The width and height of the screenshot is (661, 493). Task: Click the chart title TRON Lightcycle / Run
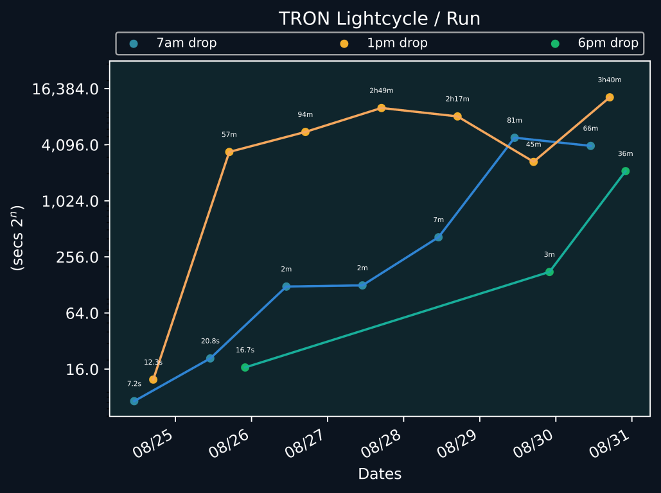[x=379, y=19]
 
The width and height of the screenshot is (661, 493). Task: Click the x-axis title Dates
[x=380, y=474]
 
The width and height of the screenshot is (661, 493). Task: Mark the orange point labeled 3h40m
[x=610, y=98]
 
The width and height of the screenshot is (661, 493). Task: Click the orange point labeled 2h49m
[x=382, y=108]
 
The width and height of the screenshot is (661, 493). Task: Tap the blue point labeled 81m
[x=515, y=138]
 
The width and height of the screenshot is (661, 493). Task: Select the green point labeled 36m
[x=625, y=171]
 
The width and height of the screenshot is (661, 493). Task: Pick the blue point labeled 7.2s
[x=134, y=401]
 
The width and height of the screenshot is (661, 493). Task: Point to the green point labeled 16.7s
[x=245, y=367]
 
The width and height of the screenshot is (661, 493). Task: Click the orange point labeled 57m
[x=229, y=152]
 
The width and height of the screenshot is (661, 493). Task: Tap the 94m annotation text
[x=305, y=115]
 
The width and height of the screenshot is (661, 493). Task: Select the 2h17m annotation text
[x=457, y=99]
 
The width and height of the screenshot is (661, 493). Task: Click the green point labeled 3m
[x=549, y=272]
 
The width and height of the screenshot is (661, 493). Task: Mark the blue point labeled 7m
[x=438, y=238]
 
